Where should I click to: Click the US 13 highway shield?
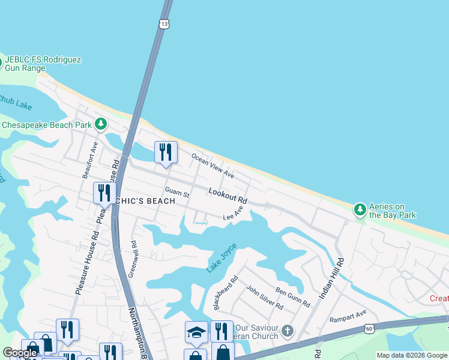tap(164, 23)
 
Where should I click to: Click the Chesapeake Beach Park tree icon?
tap(101, 124)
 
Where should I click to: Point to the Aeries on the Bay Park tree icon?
tap(360, 209)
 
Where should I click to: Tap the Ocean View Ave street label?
tap(212, 165)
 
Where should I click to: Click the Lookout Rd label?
tap(228, 195)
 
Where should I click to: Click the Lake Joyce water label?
tap(221, 258)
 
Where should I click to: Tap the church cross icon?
tap(288, 331)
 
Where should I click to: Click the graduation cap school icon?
tap(196, 332)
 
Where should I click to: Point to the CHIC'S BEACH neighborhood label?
tap(149, 201)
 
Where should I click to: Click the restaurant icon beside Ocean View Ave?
tap(166, 152)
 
